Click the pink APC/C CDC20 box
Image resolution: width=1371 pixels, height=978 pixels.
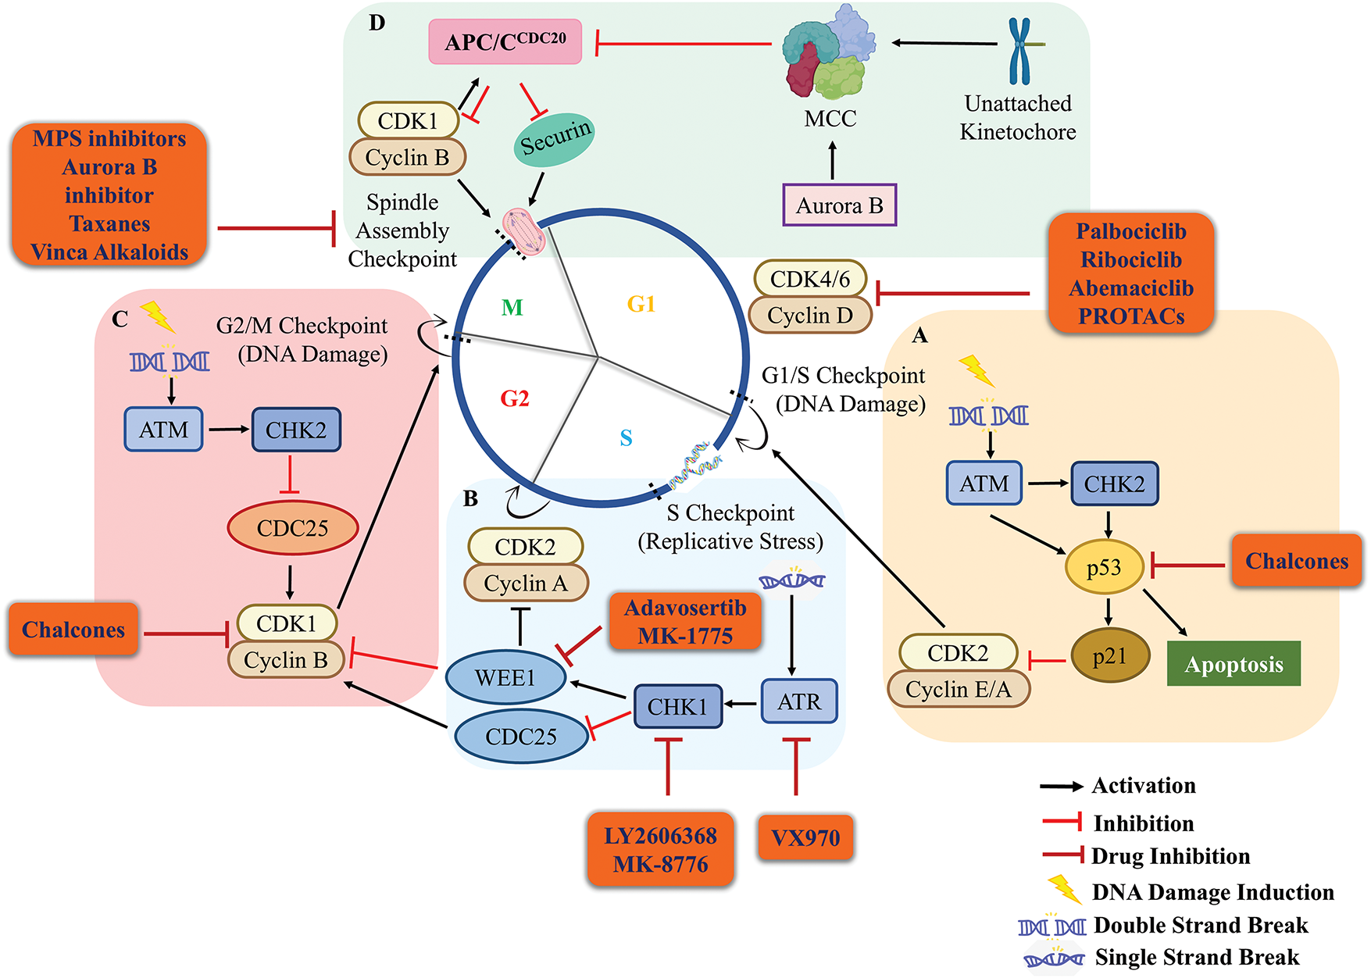505,42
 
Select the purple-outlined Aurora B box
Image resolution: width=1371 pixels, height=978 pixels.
840,205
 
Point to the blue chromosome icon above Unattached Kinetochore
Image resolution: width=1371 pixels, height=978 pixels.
1019,50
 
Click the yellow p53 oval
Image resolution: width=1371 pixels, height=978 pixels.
1104,566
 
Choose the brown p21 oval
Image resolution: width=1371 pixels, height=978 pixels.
1109,656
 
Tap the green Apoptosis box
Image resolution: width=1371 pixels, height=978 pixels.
1234,664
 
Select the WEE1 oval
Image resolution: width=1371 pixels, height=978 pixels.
505,677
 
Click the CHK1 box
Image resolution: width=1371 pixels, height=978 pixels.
677,706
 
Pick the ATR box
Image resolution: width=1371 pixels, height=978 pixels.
799,701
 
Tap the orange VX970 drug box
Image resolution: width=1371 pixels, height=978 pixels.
805,837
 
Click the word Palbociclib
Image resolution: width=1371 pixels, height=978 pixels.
1130,232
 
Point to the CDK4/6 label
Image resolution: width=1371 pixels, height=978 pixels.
810,279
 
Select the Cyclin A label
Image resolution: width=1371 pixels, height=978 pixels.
526,584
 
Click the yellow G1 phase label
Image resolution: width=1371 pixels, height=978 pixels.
641,304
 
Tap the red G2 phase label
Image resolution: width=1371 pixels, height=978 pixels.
515,399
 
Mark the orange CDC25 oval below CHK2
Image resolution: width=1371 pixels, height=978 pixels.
292,528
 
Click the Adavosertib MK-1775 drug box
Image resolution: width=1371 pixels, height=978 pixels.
685,622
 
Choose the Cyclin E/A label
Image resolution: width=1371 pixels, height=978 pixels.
958,690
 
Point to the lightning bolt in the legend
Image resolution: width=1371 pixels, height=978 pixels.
1064,889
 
